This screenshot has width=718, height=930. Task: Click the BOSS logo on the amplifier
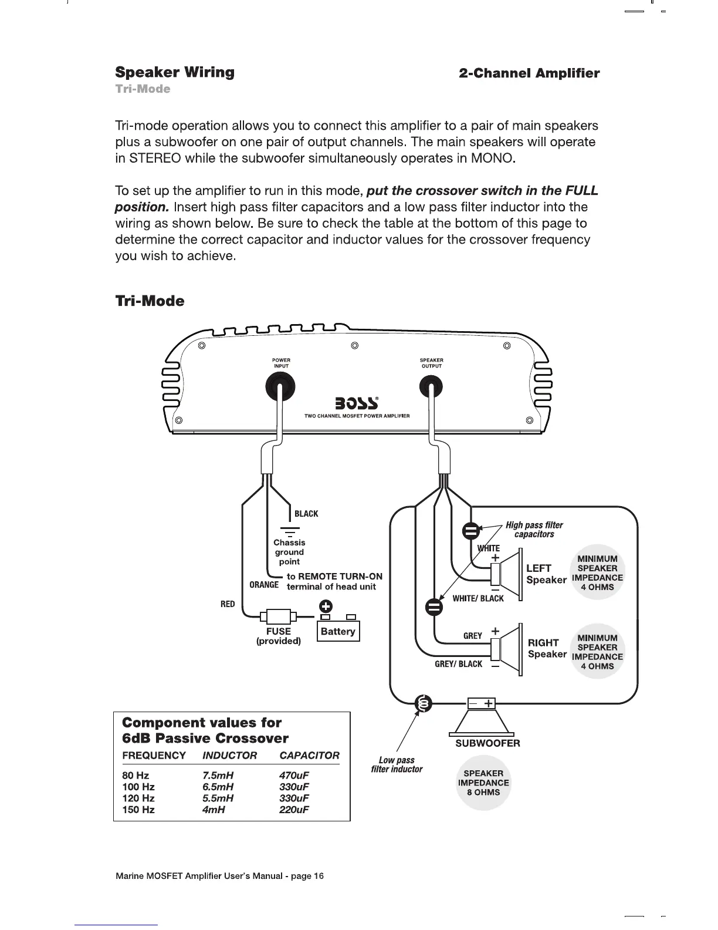355,403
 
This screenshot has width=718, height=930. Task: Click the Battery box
338,632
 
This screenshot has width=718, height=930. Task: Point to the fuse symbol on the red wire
279,616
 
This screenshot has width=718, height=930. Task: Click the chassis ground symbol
289,531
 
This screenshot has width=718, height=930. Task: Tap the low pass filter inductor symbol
424,703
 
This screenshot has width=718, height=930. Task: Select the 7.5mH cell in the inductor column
217,775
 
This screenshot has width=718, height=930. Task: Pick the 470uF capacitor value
294,775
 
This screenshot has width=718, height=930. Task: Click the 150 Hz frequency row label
138,810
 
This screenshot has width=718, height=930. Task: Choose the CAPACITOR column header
309,756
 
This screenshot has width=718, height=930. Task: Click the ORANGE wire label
264,585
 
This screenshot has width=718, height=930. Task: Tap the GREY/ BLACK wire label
458,664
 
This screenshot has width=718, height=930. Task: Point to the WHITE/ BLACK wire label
477,598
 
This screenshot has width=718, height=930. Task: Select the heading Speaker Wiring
175,72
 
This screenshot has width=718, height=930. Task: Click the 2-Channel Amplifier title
529,73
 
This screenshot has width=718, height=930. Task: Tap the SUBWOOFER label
487,743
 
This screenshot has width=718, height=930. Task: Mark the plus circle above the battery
326,606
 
